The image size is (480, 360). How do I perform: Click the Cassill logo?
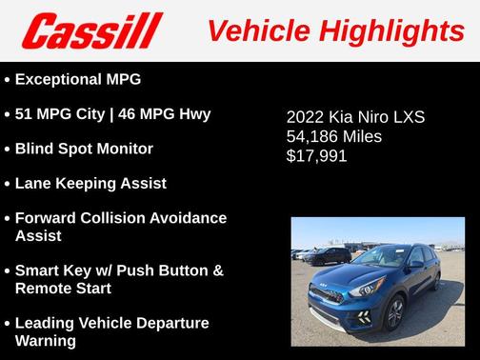pos(92,31)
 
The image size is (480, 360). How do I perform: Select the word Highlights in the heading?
pos(391,30)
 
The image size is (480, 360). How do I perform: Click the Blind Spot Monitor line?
pos(84,149)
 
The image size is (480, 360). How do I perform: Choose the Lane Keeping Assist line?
pos(90,183)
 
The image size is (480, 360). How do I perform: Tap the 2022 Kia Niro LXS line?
pos(354,118)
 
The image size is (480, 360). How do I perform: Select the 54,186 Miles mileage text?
pos(333,136)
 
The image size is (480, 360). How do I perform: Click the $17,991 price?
pos(316,155)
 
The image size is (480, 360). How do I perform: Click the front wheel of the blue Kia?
pos(392,311)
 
